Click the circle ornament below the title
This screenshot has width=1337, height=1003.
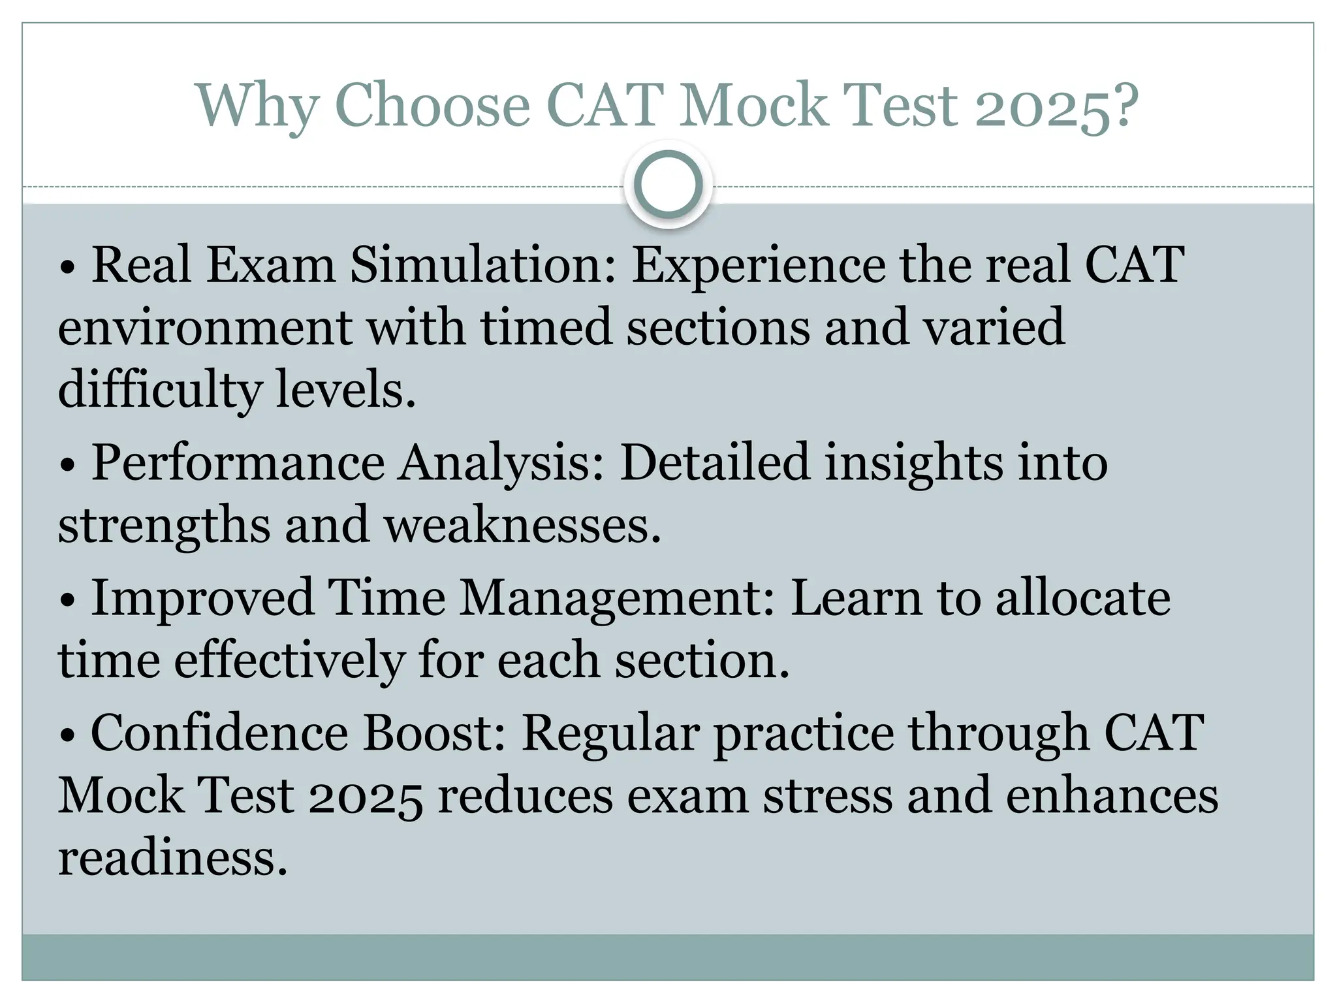pyautogui.click(x=668, y=185)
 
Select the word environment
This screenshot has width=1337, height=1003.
pyautogui.click(x=205, y=326)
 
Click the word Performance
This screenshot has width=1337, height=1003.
pyautogui.click(x=238, y=463)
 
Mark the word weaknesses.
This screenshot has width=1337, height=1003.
pyautogui.click(x=522, y=525)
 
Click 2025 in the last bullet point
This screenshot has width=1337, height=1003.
pyautogui.click(x=365, y=796)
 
